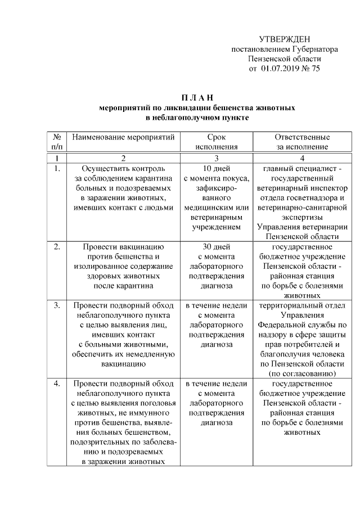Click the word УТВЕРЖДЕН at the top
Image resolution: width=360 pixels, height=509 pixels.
[x=285, y=39]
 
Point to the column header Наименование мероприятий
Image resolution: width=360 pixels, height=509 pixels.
[x=123, y=137]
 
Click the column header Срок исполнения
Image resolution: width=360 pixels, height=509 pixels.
[x=217, y=142]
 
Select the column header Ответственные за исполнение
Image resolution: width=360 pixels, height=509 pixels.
[x=302, y=142]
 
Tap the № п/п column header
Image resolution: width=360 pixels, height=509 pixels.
[x=57, y=142]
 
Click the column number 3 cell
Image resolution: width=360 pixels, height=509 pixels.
[x=217, y=157]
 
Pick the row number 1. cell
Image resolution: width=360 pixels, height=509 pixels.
[x=57, y=168]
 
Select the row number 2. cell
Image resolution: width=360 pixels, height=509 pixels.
[x=57, y=246]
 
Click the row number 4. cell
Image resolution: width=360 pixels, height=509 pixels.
[x=57, y=384]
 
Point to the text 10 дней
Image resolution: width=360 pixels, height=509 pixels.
[x=217, y=168]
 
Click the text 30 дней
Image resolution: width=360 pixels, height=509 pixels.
[x=217, y=246]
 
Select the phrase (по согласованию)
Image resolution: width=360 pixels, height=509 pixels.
[x=302, y=373]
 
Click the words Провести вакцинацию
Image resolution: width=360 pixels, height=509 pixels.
[x=123, y=246]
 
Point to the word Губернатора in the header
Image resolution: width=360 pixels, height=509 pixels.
[x=311, y=49]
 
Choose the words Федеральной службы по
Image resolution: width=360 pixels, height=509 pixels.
[x=302, y=325]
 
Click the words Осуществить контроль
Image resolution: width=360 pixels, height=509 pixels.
[x=123, y=168]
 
